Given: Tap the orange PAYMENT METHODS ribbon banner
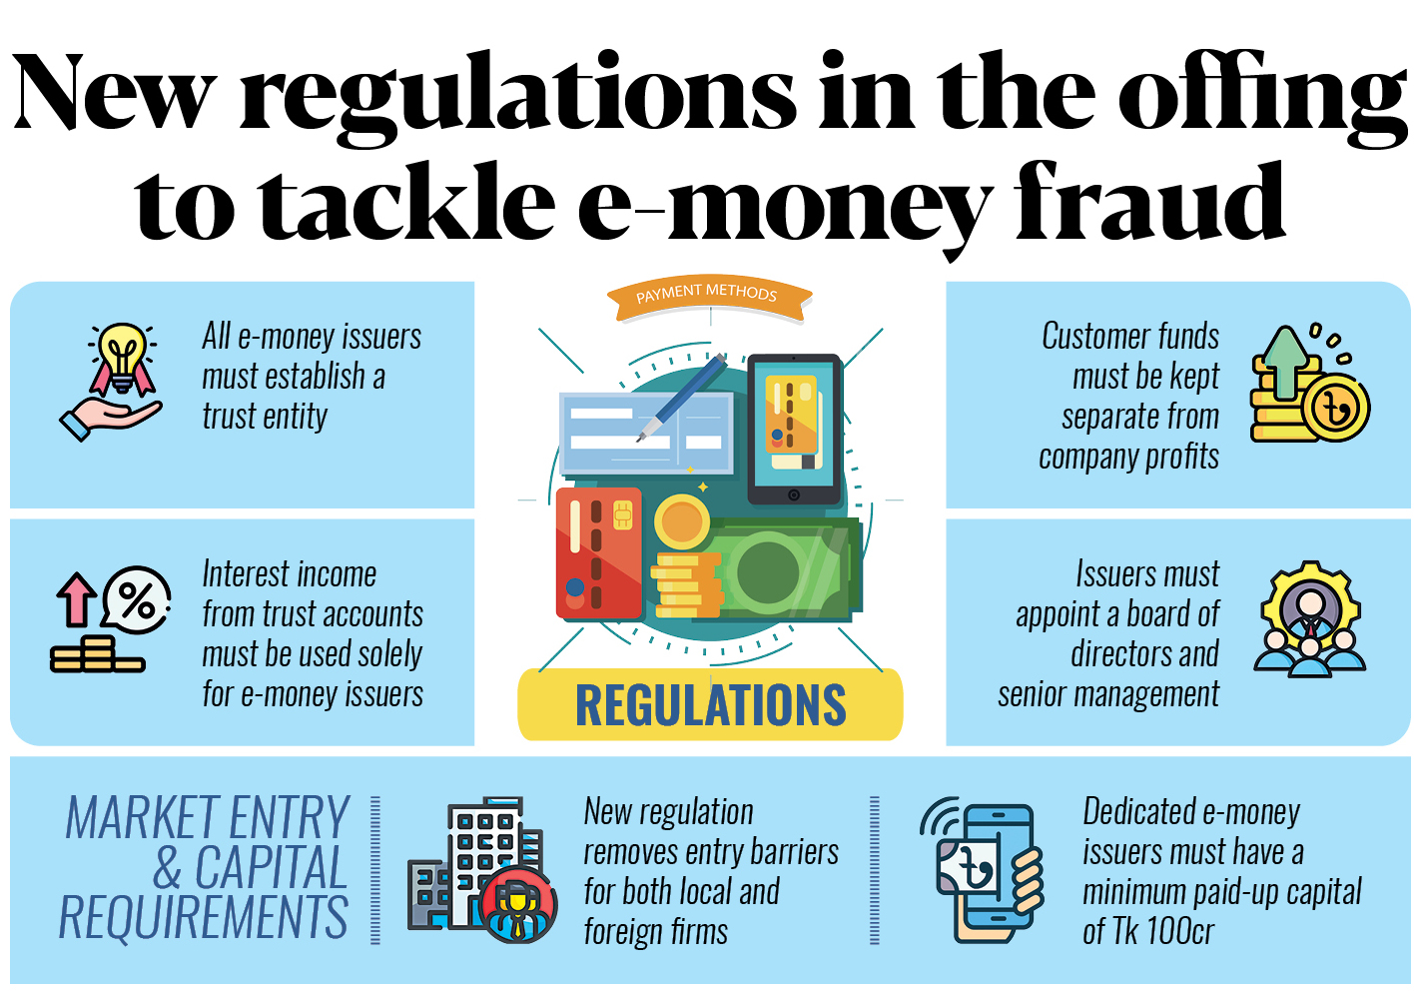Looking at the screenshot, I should click(x=709, y=297).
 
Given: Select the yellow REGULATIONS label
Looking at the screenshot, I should click(x=710, y=704).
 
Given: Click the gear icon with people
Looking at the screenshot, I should click(x=1309, y=619).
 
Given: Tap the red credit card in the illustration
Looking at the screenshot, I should click(x=598, y=552).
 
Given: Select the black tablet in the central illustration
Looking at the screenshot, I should click(x=794, y=430).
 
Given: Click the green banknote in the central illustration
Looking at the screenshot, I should click(x=789, y=570).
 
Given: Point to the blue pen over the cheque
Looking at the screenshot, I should click(x=684, y=396).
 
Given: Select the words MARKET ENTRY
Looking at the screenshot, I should click(x=208, y=818).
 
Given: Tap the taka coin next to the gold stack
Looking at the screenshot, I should click(x=1334, y=407).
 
